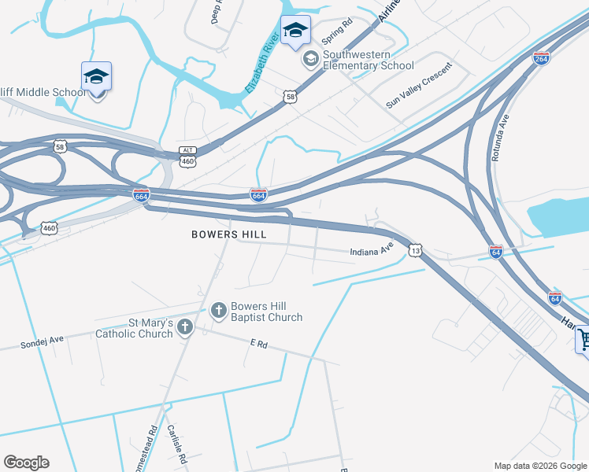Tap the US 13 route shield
(415, 250)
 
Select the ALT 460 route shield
(187, 156)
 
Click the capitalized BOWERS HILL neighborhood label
(229, 234)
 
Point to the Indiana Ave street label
(372, 250)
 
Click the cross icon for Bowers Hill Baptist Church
(218, 311)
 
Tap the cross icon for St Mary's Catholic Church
(185, 327)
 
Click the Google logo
(26, 463)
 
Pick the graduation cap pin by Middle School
(96, 77)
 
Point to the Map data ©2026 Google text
(540, 466)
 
